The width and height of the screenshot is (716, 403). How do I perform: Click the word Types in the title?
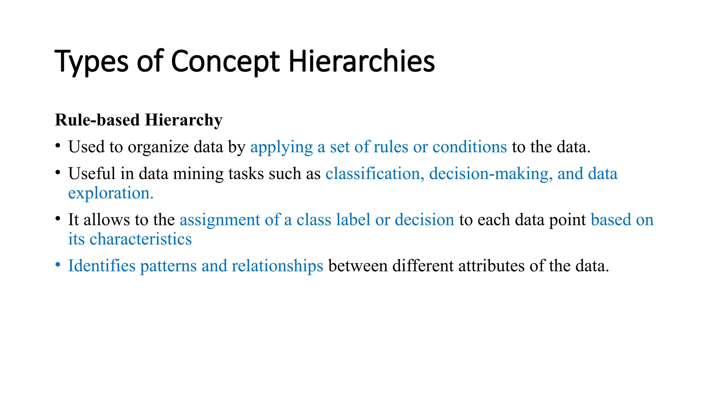(x=92, y=62)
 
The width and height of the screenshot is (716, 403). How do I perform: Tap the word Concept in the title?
(x=225, y=62)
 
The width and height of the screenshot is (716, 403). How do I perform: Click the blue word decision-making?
(x=491, y=174)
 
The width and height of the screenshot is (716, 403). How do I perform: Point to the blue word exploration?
(x=111, y=193)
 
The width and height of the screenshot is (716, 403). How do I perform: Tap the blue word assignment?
(x=220, y=220)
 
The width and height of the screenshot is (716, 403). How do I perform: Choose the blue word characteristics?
(x=141, y=239)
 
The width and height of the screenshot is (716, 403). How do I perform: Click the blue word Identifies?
(x=102, y=266)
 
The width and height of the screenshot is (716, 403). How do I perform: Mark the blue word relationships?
(x=277, y=266)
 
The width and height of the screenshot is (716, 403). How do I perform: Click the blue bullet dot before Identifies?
(x=58, y=265)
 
